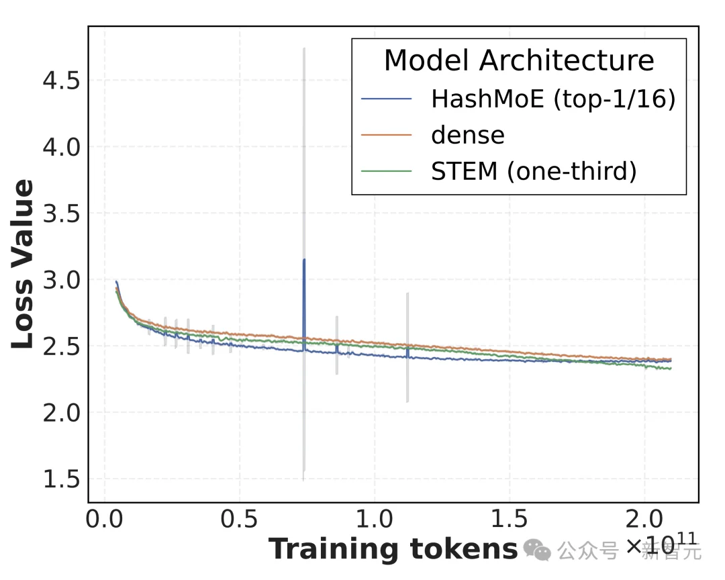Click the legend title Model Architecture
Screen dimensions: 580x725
pyautogui.click(x=519, y=61)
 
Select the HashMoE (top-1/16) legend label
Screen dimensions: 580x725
pyautogui.click(x=552, y=99)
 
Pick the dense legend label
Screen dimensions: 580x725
pyautogui.click(x=467, y=135)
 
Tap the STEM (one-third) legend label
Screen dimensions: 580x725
pyautogui.click(x=533, y=171)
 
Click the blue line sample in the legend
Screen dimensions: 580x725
pyautogui.click(x=386, y=99)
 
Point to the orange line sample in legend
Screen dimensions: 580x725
pyautogui.click(x=386, y=135)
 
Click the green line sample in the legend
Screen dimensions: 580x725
pyautogui.click(x=386, y=171)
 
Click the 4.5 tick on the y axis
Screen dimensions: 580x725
pyautogui.click(x=61, y=81)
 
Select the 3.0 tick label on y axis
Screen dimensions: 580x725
pyautogui.click(x=61, y=281)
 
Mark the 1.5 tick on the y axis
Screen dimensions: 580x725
pyautogui.click(x=61, y=480)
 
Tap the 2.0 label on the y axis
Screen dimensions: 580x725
pyautogui.click(x=61, y=414)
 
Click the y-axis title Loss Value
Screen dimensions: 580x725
pyautogui.click(x=23, y=264)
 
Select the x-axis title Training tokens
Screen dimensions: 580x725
pyautogui.click(x=393, y=549)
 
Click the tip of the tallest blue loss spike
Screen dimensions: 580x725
pyautogui.click(x=304, y=260)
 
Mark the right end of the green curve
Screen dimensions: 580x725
pyautogui.click(x=670, y=368)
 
